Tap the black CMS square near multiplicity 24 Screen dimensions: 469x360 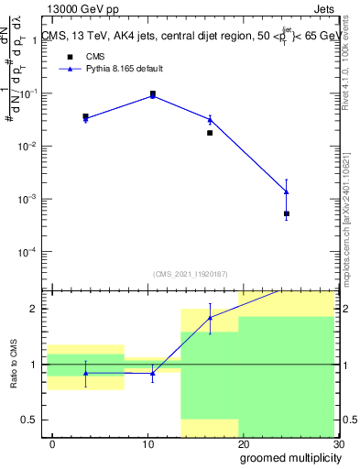pos(287,213)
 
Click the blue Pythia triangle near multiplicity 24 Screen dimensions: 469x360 pos(287,191)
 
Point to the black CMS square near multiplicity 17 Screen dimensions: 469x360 pos(210,133)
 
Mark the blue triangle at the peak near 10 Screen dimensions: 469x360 pos(152,95)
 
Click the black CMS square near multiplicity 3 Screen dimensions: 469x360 pos(85,116)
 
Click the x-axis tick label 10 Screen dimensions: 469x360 pos(147,443)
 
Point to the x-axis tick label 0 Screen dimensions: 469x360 pos(52,443)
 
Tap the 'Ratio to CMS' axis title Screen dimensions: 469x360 pos(16,364)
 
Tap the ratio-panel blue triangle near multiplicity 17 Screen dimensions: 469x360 pos(210,318)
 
